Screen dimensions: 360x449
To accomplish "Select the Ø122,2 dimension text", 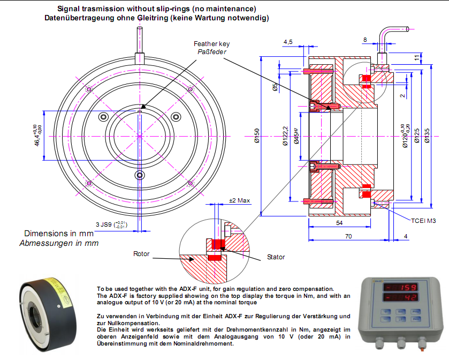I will point(285,138).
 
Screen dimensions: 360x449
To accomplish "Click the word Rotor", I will point(141,253).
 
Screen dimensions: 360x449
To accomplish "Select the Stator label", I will point(276,257).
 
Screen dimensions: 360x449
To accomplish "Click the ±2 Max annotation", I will point(239,200).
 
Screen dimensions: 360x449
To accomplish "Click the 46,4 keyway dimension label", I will point(38,134).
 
